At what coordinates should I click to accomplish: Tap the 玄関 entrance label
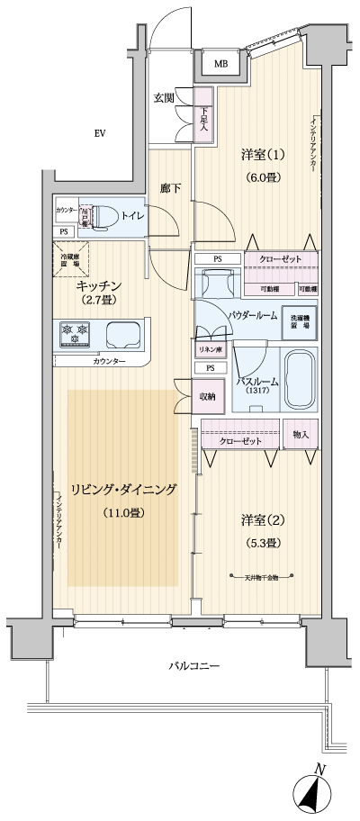[x=164, y=98]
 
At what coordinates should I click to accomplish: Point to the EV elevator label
[x=101, y=134]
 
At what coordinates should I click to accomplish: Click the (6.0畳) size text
[x=262, y=177]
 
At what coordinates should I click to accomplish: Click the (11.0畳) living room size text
[x=121, y=513]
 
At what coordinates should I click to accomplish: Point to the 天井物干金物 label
[x=264, y=577]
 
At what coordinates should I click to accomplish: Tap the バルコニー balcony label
[x=193, y=666]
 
